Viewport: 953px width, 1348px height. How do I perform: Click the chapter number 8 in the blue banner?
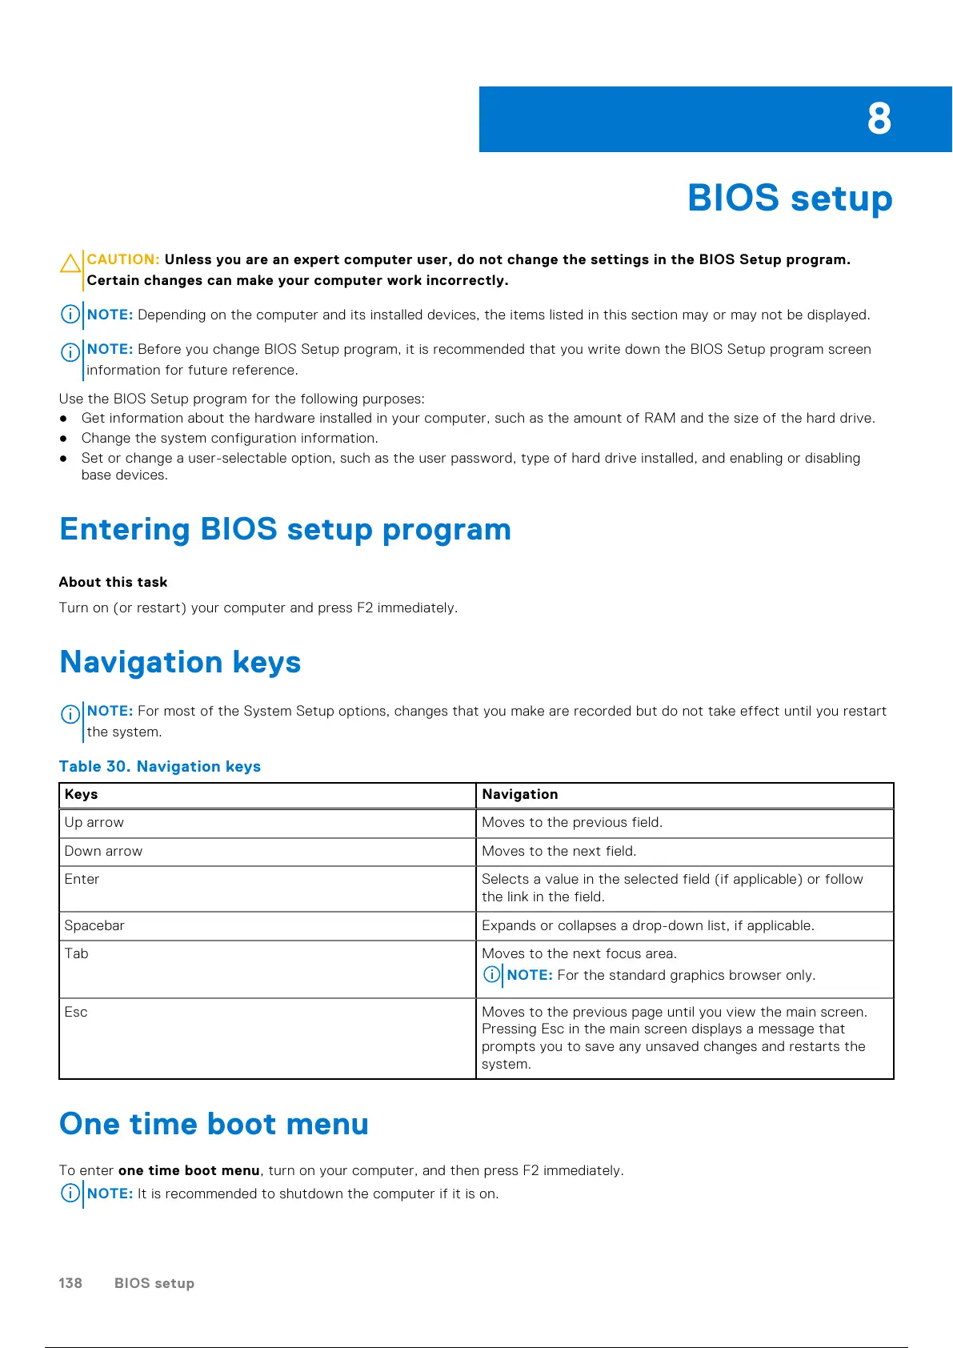(879, 119)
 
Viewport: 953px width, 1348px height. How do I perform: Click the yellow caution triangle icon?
(70, 263)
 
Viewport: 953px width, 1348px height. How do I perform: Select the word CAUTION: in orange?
(123, 259)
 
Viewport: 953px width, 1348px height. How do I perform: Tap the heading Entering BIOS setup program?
(285, 529)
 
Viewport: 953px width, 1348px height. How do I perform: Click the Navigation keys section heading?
(180, 662)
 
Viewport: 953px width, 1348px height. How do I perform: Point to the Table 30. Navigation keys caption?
(160, 766)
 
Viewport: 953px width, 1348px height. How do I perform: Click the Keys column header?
(82, 794)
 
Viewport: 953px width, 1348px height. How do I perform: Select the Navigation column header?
(520, 794)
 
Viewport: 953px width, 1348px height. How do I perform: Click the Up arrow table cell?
(94, 822)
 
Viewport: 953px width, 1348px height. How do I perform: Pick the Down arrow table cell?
(103, 851)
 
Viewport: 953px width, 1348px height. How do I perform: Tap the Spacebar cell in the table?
(94, 925)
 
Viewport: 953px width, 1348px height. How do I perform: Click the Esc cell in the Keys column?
(76, 1012)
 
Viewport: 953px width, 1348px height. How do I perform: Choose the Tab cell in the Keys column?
(77, 953)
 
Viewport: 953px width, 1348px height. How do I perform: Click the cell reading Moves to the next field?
(559, 851)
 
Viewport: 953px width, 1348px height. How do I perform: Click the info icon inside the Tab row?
(492, 974)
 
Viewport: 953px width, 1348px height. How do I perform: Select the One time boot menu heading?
(214, 1124)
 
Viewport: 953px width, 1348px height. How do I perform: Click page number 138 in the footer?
(70, 1283)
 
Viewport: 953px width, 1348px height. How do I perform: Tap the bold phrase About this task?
(113, 582)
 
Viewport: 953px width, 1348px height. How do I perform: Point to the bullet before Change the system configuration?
(63, 438)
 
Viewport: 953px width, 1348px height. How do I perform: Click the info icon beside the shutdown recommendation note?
(70, 1193)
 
